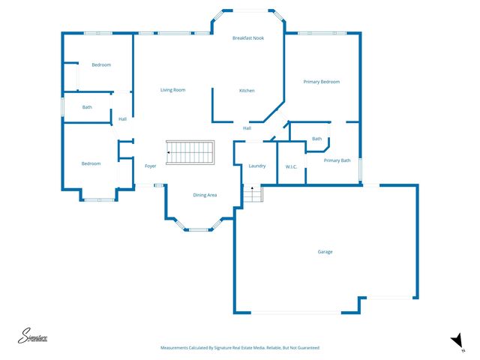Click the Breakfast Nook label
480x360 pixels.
tap(247, 37)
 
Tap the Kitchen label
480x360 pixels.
tap(247, 91)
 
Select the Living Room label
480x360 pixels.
tap(172, 90)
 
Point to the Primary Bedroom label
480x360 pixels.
tap(321, 82)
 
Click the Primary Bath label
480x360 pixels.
tap(337, 160)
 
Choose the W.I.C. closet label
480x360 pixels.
tap(292, 166)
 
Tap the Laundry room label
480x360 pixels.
tap(257, 166)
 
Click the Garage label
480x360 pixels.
tap(325, 252)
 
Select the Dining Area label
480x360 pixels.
tap(205, 195)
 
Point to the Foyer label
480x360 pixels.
tap(150, 166)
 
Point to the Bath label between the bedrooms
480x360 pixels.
tap(87, 107)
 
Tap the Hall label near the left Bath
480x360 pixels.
tap(122, 118)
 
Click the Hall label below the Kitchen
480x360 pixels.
tap(247, 128)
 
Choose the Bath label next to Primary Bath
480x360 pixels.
tap(317, 139)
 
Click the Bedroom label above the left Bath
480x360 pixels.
tap(101, 65)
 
